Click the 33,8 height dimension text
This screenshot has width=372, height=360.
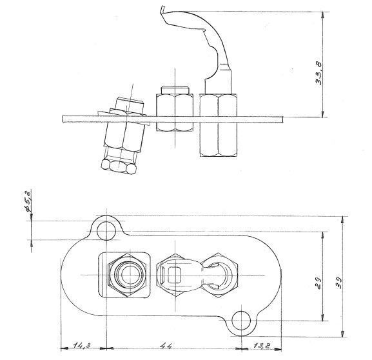pyautogui.click(x=318, y=74)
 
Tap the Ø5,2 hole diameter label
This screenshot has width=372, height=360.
pyautogui.click(x=28, y=201)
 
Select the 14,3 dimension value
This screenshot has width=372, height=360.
pyautogui.click(x=82, y=345)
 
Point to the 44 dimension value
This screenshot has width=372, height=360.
pyautogui.click(x=166, y=346)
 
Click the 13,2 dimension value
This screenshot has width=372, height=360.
pyautogui.click(x=262, y=346)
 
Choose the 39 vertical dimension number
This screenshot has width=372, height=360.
pyautogui.click(x=340, y=283)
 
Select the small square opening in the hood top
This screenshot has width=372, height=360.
pyautogui.click(x=174, y=275)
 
